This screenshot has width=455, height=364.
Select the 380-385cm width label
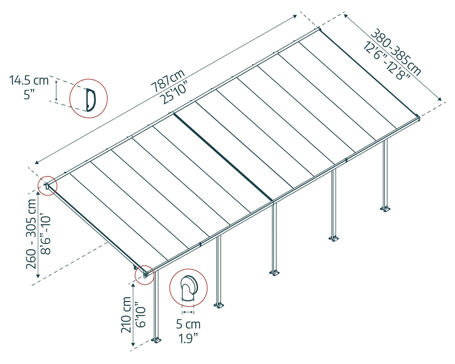396,52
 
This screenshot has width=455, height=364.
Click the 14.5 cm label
29,80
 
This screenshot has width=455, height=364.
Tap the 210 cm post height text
126,315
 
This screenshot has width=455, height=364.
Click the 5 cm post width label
188,324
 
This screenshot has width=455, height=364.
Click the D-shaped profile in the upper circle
90,100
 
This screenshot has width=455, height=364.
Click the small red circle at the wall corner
48,186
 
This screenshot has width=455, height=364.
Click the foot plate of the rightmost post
385,209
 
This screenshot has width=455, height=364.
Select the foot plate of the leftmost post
156,340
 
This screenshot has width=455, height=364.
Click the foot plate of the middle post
274,273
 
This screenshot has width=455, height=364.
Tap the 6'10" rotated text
140,315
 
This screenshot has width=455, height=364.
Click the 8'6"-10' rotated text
45,234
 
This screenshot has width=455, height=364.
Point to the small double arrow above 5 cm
188,312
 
